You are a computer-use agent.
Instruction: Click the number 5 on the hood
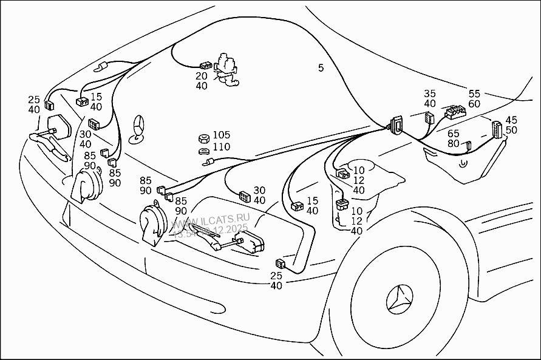point(321,67)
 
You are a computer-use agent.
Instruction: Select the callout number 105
point(221,135)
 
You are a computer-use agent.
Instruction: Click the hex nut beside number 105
point(205,138)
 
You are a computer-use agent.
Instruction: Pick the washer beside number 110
point(204,150)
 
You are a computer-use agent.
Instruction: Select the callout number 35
point(430,93)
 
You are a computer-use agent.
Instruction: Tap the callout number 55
point(474,93)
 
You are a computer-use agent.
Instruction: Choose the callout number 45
point(511,120)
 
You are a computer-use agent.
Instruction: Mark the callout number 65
point(453,134)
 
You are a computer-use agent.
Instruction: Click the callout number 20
point(201,76)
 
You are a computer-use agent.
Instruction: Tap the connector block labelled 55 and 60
point(455,111)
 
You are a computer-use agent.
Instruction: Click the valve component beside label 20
point(226,67)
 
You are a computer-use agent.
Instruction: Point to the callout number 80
point(453,143)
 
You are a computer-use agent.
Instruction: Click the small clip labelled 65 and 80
point(468,145)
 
